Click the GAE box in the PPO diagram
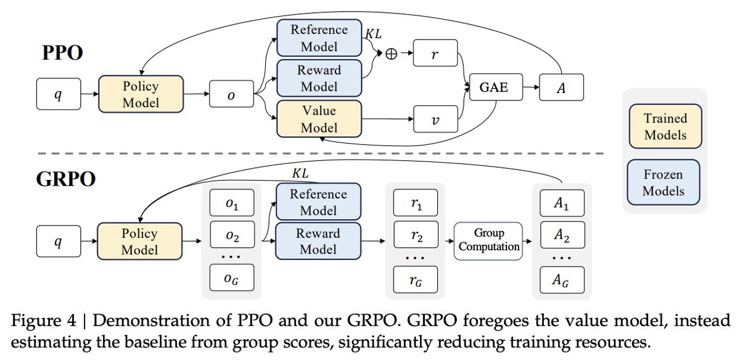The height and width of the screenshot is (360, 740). coord(495,88)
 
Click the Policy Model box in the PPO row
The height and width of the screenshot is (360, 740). coord(141,94)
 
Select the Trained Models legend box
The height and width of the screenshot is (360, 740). coord(665,126)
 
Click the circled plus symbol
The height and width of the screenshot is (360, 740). coord(390,54)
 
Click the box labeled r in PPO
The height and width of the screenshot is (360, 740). coord(436,54)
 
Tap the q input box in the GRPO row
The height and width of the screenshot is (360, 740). coord(59,241)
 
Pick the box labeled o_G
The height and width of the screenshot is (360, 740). coord(231,279)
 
